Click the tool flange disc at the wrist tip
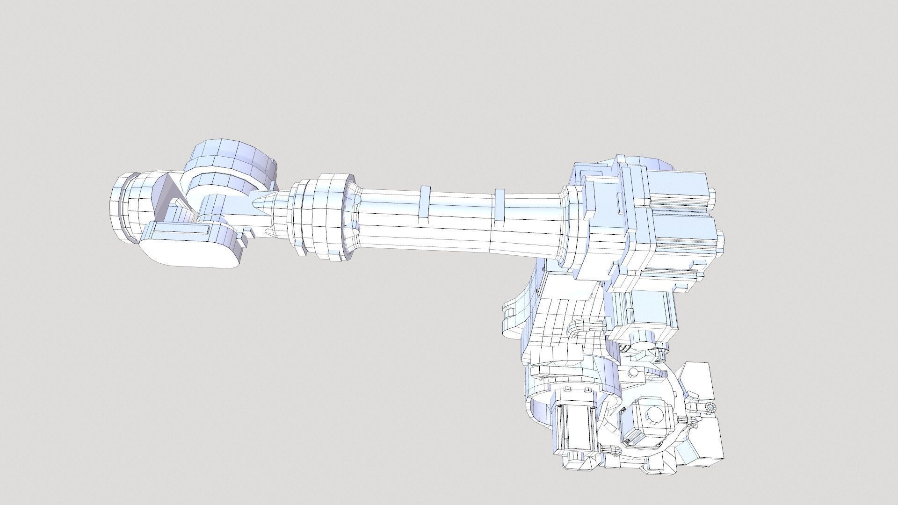click(123, 208)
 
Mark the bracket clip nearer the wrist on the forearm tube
click(425, 202)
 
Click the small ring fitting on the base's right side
click(710, 408)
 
